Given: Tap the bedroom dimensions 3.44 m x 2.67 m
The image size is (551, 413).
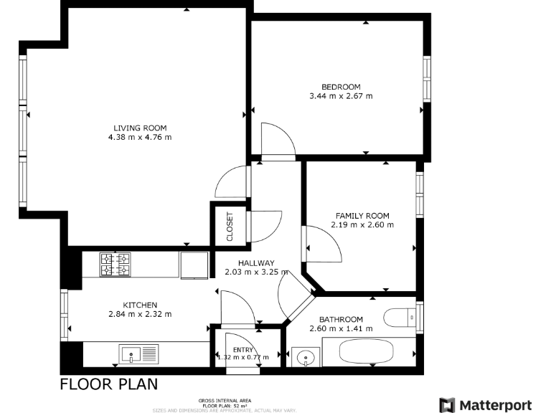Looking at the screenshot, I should (341, 96).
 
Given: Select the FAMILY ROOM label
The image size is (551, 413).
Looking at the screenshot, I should (362, 216).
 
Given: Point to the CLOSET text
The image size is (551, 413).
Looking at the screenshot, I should (230, 227).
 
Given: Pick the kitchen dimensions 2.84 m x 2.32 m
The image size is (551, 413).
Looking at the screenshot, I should (140, 314).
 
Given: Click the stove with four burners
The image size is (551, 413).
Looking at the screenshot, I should (115, 264).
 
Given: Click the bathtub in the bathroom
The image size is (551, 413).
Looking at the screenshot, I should (366, 353).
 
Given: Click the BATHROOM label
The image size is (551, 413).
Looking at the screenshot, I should (341, 320).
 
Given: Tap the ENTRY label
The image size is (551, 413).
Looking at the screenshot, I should (243, 349).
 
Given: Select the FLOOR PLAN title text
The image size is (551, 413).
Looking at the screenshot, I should (108, 384).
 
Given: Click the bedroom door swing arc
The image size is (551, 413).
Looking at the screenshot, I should (278, 139).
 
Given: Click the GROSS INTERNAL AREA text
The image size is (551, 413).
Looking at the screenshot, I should (225, 401).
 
